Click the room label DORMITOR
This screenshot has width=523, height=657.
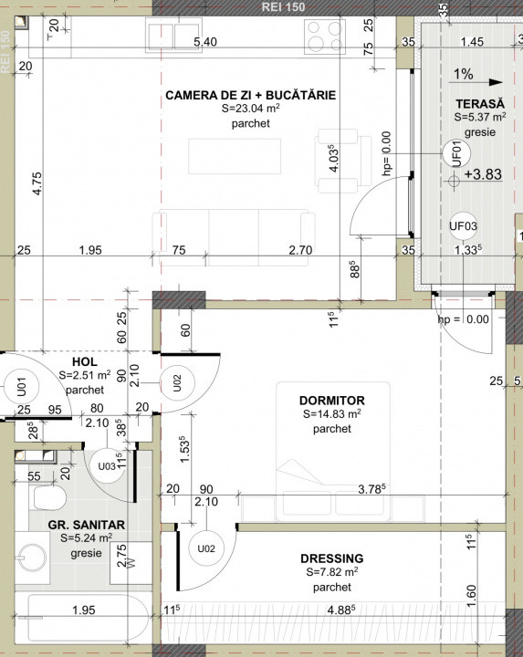(332, 400)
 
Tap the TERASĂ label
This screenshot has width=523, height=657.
(474, 103)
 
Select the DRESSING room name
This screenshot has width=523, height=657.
(332, 558)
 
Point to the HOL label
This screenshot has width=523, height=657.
(84, 361)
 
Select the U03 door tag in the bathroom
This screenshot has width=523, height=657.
(107, 466)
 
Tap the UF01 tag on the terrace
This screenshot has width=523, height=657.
(452, 153)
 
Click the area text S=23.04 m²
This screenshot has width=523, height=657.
(250, 109)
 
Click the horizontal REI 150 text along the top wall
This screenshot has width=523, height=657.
(283, 5)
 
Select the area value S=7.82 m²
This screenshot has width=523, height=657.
(332, 573)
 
